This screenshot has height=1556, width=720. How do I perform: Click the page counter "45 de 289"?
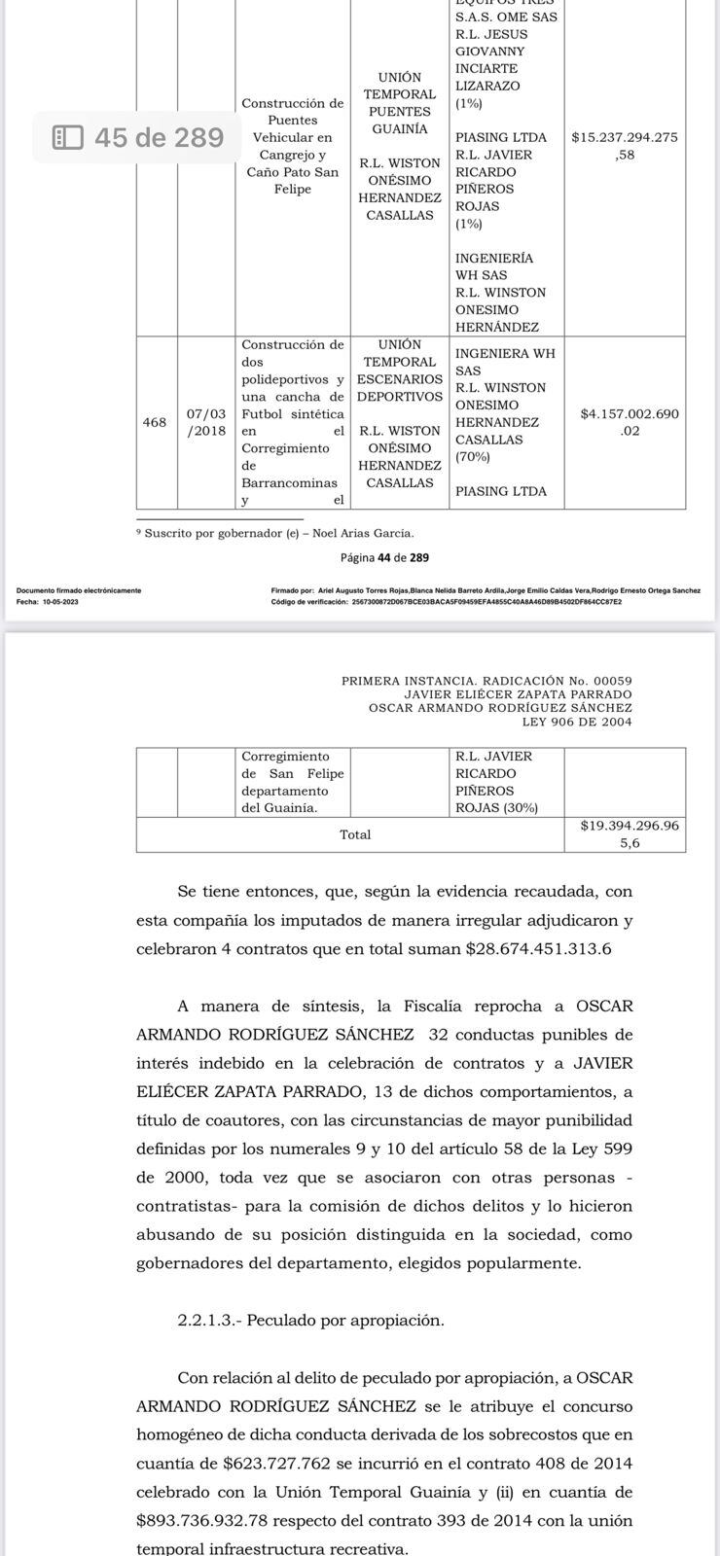160,137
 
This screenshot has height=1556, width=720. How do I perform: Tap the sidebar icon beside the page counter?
68,137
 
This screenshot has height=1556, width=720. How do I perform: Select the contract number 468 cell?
155,422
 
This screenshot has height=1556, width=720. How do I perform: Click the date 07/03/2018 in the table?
206,422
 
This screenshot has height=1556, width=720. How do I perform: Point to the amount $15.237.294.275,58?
625,146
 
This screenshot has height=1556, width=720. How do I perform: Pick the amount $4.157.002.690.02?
630,422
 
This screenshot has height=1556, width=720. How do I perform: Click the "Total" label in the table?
355,834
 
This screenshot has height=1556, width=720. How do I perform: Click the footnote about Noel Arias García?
275,533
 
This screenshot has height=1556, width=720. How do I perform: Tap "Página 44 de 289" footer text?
384,557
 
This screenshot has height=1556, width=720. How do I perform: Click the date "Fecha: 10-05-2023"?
48,602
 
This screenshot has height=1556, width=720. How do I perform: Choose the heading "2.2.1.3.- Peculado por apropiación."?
310,1320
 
